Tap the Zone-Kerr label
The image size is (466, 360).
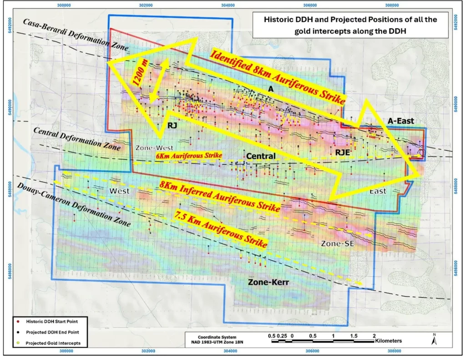click(x=268, y=282)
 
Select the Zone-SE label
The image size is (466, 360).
click(x=337, y=243)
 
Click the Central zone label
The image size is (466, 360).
click(x=261, y=157)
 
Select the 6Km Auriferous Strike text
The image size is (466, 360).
click(x=189, y=156)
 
